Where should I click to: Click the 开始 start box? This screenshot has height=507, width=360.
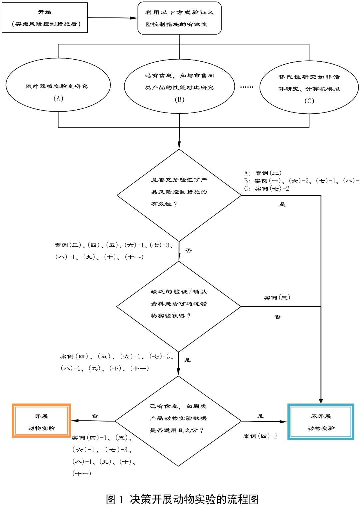[45, 18]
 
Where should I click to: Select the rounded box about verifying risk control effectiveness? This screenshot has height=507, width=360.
[179, 18]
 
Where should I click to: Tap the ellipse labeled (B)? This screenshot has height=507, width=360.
[179, 87]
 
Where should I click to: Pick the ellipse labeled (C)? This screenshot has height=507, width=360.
[309, 88]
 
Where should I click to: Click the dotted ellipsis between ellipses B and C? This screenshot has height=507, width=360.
[247, 87]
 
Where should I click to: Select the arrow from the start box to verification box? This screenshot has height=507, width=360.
[113, 18]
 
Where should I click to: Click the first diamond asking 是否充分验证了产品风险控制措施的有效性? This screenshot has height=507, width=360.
[179, 195]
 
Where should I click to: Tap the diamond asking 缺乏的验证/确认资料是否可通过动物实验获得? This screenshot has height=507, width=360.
[179, 306]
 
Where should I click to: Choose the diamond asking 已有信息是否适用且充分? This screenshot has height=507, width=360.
[178, 421]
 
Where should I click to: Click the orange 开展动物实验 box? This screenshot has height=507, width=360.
[41, 421]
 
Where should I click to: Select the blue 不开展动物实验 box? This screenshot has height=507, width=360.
[321, 422]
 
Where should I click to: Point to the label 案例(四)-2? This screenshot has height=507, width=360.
[260, 436]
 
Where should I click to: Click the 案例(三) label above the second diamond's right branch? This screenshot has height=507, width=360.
[277, 298]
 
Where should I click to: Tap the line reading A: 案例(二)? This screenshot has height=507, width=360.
[263, 173]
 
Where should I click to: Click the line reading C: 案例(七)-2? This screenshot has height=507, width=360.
[267, 189]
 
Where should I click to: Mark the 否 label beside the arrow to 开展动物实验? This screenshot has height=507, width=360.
[95, 416]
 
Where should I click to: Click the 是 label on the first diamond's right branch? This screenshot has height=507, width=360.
[282, 204]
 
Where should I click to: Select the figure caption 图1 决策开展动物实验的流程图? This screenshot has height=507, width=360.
[182, 499]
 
